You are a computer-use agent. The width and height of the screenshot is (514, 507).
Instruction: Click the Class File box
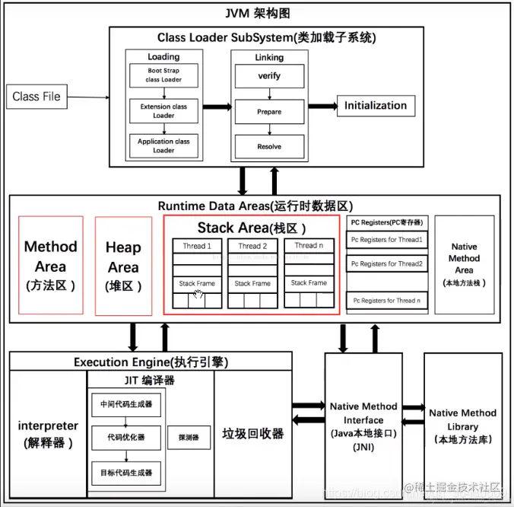pyautogui.click(x=36, y=97)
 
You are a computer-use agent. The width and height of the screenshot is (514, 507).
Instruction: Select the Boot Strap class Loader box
pyautogui.click(x=163, y=75)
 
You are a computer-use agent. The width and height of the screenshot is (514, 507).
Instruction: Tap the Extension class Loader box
pyautogui.click(x=163, y=111)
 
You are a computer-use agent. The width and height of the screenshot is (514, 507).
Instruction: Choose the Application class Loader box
pyautogui.click(x=163, y=145)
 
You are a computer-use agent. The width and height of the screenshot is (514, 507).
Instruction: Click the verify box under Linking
pyautogui.click(x=269, y=76)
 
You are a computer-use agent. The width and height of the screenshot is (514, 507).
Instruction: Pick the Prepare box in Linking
pyautogui.click(x=269, y=112)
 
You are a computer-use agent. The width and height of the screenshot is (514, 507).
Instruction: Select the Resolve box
pyautogui.click(x=269, y=146)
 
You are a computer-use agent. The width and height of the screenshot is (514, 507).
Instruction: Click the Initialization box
pyautogui.click(x=376, y=106)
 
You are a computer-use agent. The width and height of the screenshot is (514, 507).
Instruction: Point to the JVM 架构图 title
pyautogui.click(x=258, y=14)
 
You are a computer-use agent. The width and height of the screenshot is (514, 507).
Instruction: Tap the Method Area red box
pyautogui.click(x=51, y=266)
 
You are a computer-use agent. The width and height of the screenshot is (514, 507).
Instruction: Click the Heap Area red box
pyautogui.click(x=123, y=266)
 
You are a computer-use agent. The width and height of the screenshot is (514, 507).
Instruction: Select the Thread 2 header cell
pyautogui.click(x=252, y=246)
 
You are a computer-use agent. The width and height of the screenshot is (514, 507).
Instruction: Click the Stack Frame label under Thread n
pyautogui.click(x=309, y=283)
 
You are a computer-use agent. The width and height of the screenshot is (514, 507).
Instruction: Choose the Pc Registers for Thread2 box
pyautogui.click(x=386, y=263)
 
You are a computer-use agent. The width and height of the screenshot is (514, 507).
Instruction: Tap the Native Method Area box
pyautogui.click(x=464, y=263)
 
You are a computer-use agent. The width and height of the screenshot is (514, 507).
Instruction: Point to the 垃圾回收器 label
pyautogui.click(x=252, y=433)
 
